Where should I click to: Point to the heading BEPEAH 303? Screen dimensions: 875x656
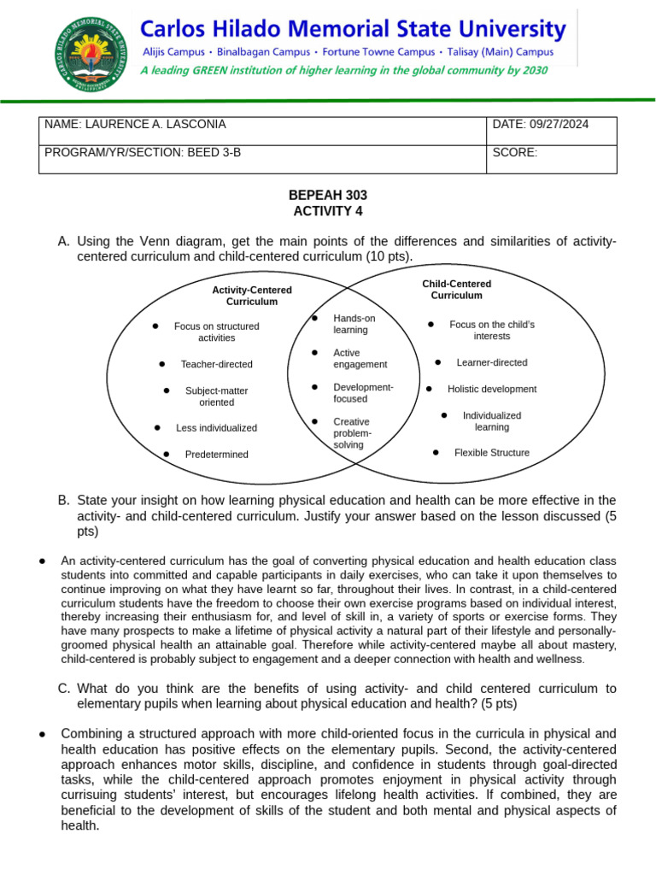pyautogui.click(x=328, y=196)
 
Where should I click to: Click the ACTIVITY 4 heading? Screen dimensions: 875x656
pyautogui.click(x=328, y=211)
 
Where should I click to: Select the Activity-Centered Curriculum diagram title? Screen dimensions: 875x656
pyautogui.click(x=252, y=296)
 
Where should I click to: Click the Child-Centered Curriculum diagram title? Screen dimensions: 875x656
pyautogui.click(x=456, y=290)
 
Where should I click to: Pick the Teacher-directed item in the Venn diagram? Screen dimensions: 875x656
pyautogui.click(x=216, y=364)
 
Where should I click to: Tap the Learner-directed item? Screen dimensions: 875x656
pyautogui.click(x=492, y=362)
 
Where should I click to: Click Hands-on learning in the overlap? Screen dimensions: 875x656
pyautogui.click(x=354, y=324)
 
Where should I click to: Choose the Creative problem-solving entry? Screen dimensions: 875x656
pyautogui.click(x=352, y=433)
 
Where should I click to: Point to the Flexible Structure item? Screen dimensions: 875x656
pyautogui.click(x=491, y=453)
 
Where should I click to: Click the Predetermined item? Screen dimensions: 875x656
pyautogui.click(x=216, y=455)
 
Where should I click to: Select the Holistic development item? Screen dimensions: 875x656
pyautogui.click(x=492, y=389)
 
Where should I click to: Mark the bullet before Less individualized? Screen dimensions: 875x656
pyautogui.click(x=158, y=427)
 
